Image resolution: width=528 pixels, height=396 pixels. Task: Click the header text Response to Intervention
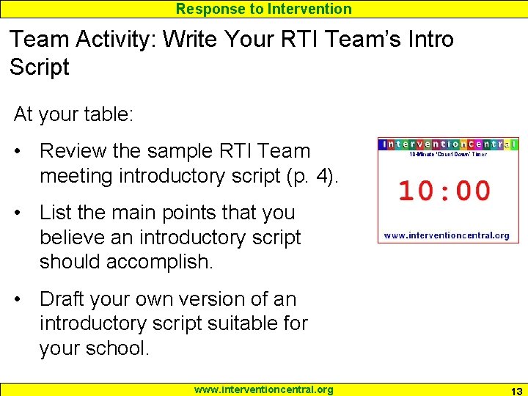[x=264, y=9]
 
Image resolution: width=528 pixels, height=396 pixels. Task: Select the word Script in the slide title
[x=39, y=67]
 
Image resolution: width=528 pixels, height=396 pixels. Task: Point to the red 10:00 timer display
[x=444, y=191]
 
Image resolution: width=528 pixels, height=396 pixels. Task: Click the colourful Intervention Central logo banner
[x=447, y=144]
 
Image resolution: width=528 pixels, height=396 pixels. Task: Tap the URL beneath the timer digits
[x=447, y=235]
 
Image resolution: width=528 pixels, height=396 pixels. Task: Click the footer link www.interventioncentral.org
[x=263, y=389]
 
